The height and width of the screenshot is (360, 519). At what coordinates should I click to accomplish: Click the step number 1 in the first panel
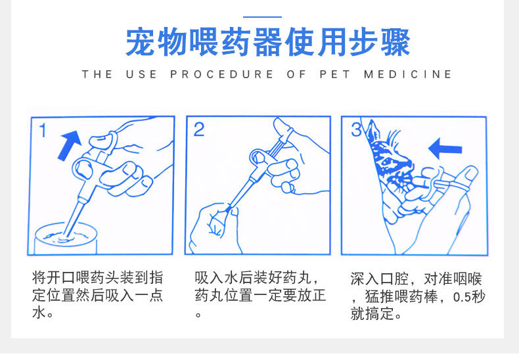click(x=42, y=130)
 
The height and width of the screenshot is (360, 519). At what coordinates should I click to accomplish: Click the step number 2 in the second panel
click(x=199, y=129)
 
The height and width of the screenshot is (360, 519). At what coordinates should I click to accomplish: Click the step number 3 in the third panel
click(x=356, y=129)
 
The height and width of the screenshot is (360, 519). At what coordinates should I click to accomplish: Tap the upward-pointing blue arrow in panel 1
click(x=70, y=145)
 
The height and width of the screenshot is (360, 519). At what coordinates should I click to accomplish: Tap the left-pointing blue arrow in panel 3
click(x=445, y=148)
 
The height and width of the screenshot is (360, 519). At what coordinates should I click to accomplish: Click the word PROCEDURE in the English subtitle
click(x=222, y=74)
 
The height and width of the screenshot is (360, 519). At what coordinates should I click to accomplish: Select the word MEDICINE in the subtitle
click(x=408, y=74)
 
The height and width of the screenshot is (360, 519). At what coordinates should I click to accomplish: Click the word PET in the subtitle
click(x=334, y=74)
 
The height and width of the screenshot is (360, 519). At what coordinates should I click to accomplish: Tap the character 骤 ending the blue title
click(x=395, y=42)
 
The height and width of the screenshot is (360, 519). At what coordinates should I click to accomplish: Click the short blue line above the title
click(x=263, y=17)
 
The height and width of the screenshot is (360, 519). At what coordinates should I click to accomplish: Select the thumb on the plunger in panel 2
click(x=282, y=128)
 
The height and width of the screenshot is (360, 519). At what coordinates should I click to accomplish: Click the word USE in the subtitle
click(x=141, y=74)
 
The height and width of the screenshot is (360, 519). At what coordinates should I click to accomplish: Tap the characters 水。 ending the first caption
click(x=42, y=313)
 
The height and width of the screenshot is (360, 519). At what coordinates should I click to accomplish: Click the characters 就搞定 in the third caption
click(x=372, y=313)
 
